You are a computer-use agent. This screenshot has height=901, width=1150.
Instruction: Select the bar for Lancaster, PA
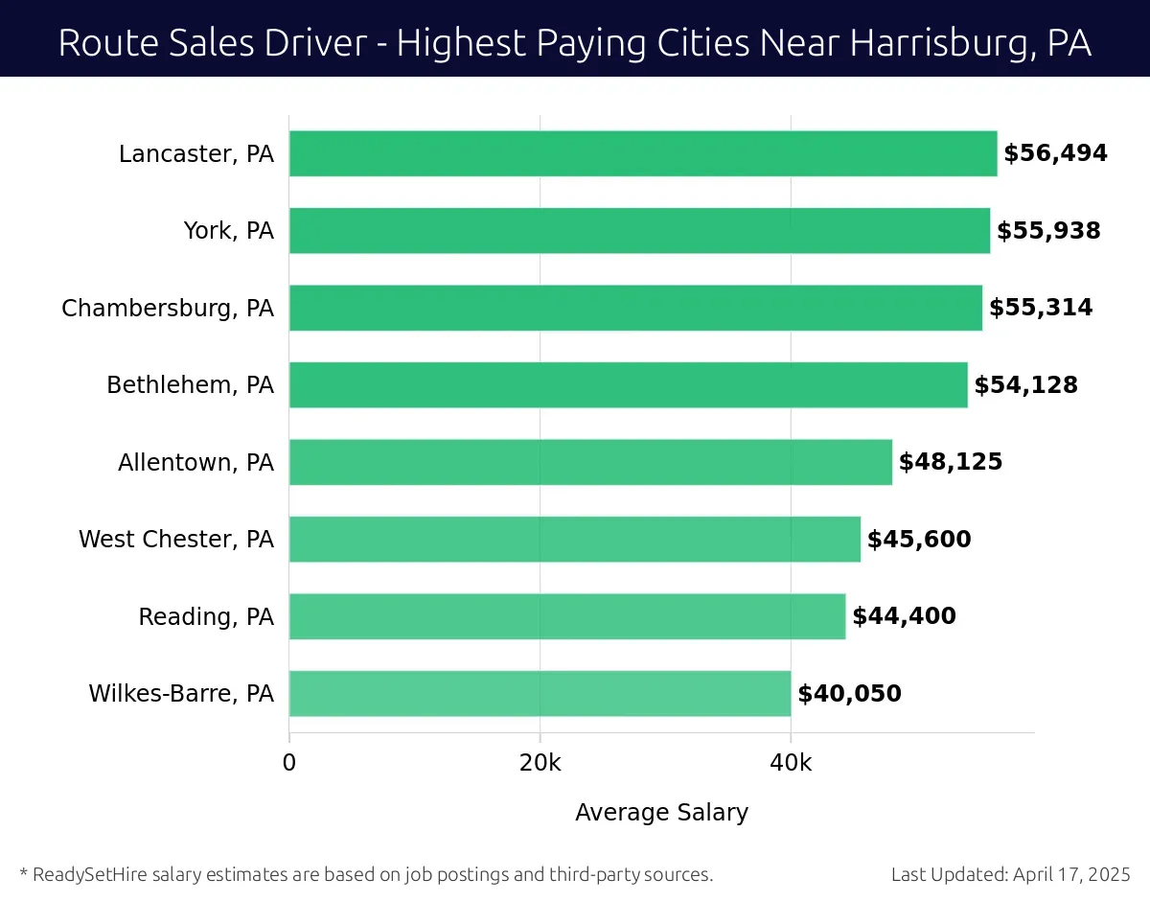[642, 153]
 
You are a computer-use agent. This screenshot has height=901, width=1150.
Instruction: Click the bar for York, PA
[639, 231]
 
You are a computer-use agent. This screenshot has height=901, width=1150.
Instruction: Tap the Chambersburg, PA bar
[635, 308]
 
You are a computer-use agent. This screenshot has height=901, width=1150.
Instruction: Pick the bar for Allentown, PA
[590, 462]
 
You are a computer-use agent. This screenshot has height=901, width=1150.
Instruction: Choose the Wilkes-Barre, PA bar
[540, 694]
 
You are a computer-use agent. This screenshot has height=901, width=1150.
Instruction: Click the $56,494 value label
[1055, 153]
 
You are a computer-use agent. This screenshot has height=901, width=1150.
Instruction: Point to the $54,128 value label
[1025, 385]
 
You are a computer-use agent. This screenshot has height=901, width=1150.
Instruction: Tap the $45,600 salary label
[919, 540]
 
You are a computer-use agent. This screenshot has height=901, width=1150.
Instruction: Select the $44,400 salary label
[904, 616]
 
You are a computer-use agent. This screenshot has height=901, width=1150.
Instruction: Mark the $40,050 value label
[849, 694]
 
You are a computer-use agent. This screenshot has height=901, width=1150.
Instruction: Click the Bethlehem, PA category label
[190, 385]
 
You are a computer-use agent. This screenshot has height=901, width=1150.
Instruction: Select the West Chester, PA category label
[176, 540]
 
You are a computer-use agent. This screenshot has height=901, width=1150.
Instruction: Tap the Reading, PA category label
[206, 616]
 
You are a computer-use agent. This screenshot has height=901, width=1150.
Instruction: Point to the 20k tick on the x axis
[540, 763]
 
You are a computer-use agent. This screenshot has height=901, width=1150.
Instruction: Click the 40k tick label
[791, 763]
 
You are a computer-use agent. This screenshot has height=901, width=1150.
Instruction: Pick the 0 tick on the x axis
[289, 763]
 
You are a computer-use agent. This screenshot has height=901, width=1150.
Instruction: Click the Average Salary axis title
[661, 813]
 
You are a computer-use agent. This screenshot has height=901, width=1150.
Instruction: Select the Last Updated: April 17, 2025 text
[1010, 874]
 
